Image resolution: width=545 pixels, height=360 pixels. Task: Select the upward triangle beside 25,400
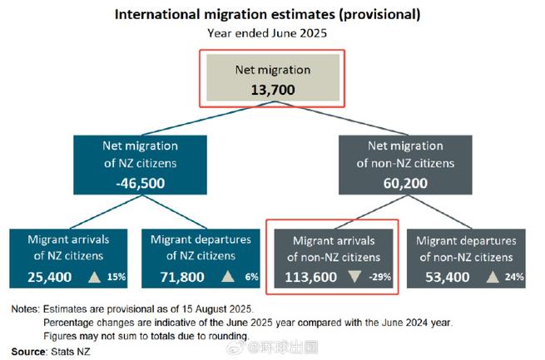point(94,275)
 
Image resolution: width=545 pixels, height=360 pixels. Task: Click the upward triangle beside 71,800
point(227,275)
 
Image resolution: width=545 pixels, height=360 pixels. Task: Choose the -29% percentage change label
point(380,276)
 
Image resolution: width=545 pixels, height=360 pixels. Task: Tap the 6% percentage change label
point(251,276)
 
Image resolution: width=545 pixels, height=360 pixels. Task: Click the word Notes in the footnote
point(26,309)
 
